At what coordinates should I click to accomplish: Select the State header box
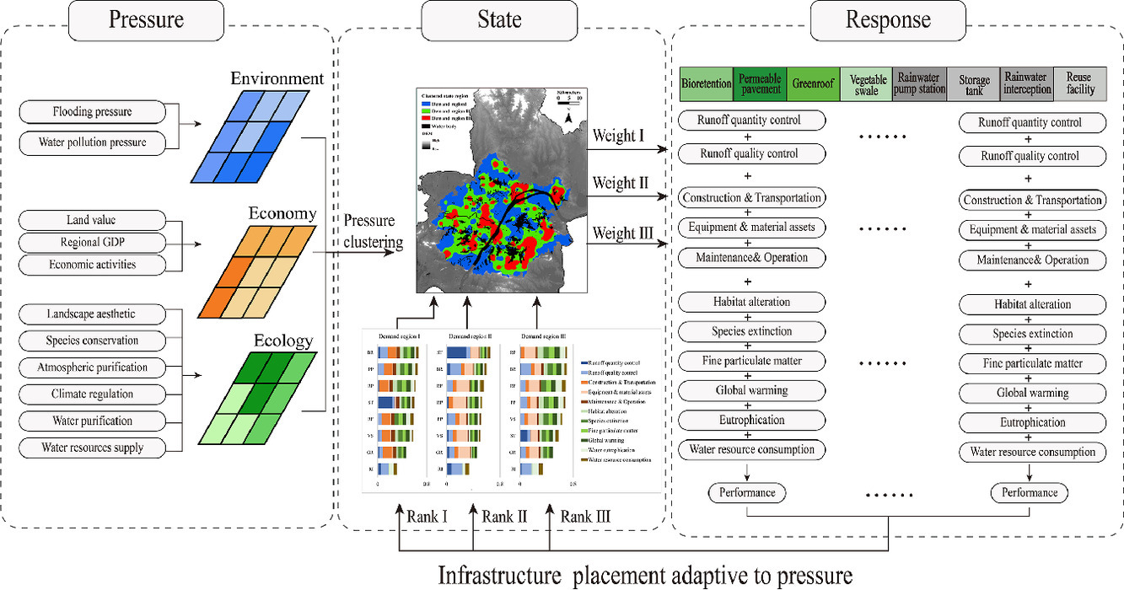(499, 20)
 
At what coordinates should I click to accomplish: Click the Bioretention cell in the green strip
(707, 84)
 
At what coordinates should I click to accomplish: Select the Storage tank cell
(974, 84)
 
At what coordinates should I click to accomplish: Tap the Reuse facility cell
(1080, 84)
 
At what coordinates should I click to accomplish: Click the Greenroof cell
(813, 84)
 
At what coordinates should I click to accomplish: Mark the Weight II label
(624, 183)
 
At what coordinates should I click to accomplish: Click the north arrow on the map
(569, 120)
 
